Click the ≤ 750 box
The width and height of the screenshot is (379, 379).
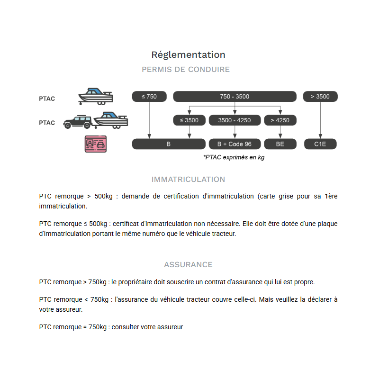coord(149,97)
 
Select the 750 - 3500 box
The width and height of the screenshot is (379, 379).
coord(235,97)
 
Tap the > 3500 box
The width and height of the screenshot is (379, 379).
coord(320,97)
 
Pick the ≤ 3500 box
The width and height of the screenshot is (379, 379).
coord(189,120)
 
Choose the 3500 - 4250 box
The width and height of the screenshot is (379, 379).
coord(235,120)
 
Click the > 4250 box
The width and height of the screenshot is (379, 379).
coord(280,120)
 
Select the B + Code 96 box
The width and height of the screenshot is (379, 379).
coord(235,144)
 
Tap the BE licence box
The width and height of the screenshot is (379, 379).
coord(280,144)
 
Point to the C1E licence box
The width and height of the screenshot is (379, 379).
coord(320,144)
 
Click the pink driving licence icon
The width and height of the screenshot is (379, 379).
coord(96,144)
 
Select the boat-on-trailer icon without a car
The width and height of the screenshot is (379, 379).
coord(96,96)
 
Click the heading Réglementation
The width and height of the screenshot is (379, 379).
coord(188,54)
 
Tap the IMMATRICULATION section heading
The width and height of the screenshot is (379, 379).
coord(188,180)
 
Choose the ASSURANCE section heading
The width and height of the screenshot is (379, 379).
coord(188,265)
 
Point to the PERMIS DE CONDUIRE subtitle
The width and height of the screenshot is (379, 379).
coord(186,69)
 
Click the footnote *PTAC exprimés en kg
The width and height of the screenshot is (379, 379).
coord(234,157)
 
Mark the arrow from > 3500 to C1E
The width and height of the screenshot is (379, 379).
coord(320,120)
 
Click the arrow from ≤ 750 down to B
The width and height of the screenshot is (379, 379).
coord(149,120)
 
